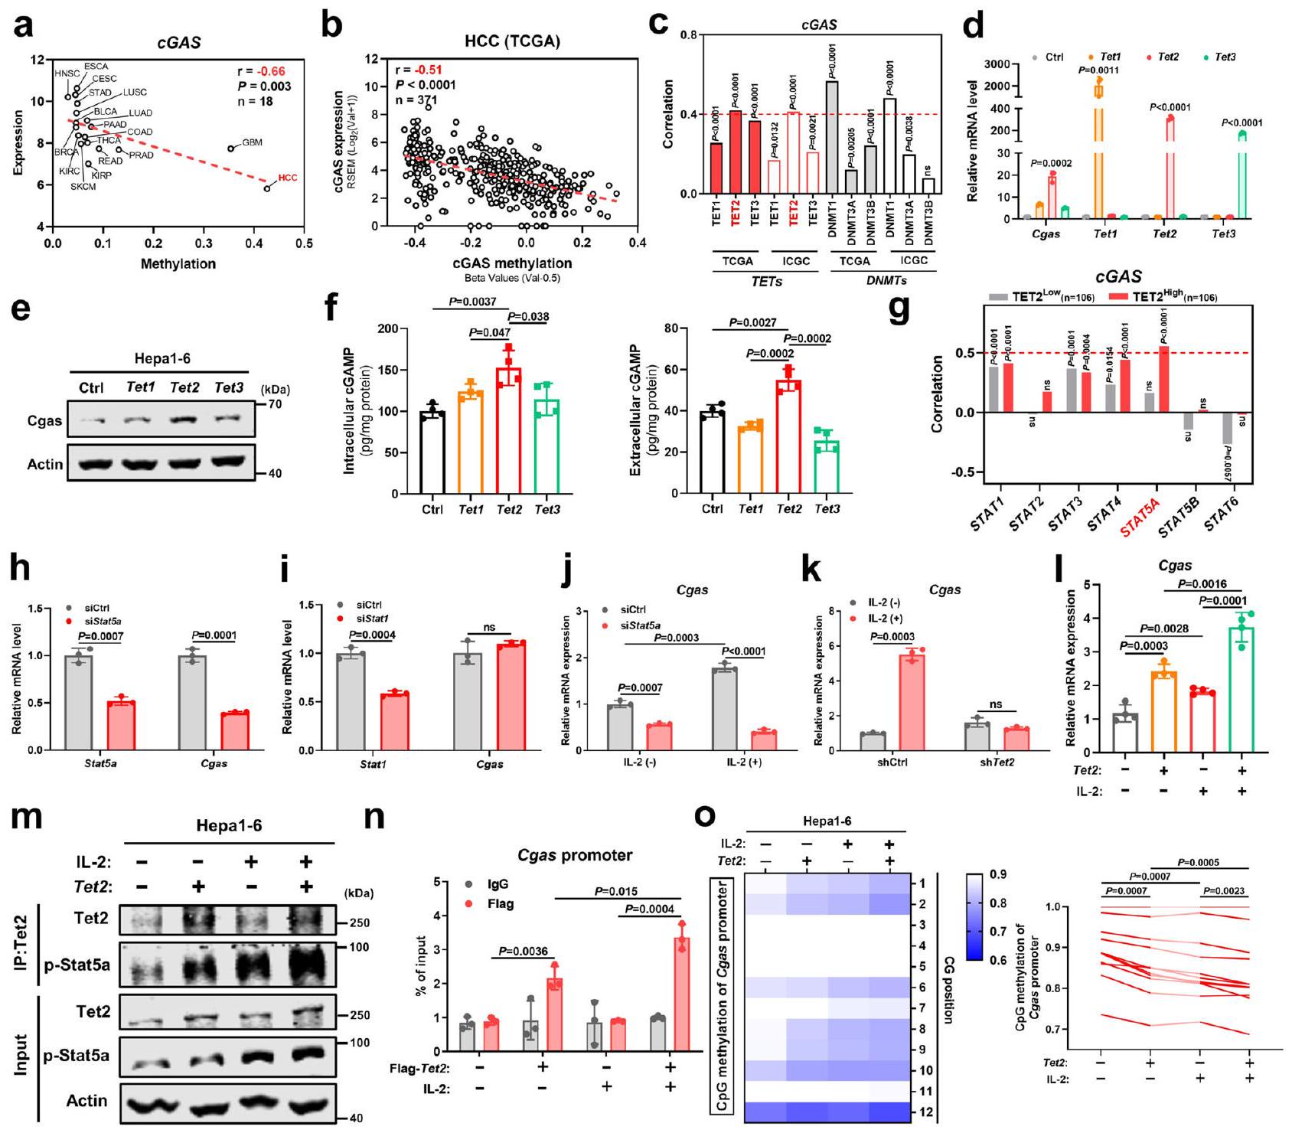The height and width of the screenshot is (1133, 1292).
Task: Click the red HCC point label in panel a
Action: tap(288, 178)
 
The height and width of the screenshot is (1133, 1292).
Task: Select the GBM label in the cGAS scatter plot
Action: tap(253, 143)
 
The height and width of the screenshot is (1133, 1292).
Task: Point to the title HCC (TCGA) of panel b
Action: tap(512, 41)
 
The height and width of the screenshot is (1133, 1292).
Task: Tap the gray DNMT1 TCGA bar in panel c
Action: tap(832, 138)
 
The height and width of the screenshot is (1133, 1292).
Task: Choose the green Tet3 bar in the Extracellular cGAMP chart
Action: tap(827, 466)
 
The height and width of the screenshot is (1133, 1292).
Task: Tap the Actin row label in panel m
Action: tap(86, 1100)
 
